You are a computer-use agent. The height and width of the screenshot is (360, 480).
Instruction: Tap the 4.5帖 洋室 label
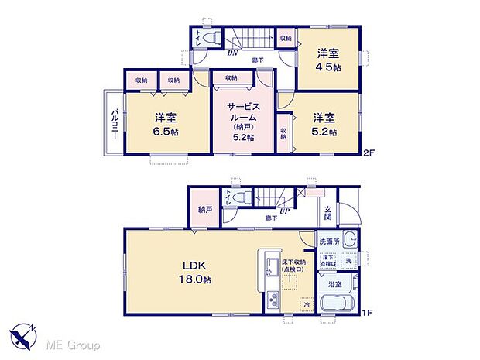[328, 60]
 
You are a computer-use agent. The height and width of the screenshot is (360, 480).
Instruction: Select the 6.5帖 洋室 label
[165, 124]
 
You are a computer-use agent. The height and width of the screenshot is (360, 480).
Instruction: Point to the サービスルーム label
[242, 115]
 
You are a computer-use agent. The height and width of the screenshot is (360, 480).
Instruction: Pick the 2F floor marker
[369, 153]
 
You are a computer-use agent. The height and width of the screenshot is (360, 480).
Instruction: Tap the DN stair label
[231, 53]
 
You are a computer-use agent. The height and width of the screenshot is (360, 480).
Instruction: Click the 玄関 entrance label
[328, 211]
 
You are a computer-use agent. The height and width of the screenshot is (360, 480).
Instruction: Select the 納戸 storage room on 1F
[204, 209]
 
